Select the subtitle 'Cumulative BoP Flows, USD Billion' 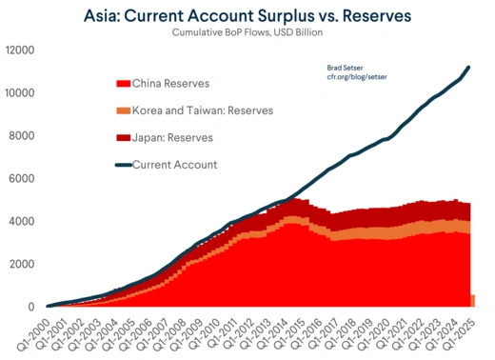click(x=247, y=33)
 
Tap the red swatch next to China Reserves click(x=121, y=84)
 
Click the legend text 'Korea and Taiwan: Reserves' click(x=203, y=111)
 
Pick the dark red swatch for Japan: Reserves click(x=121, y=138)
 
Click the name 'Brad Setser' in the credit click(x=346, y=66)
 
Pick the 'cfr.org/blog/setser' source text click(x=358, y=76)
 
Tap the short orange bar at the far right click(x=472, y=301)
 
